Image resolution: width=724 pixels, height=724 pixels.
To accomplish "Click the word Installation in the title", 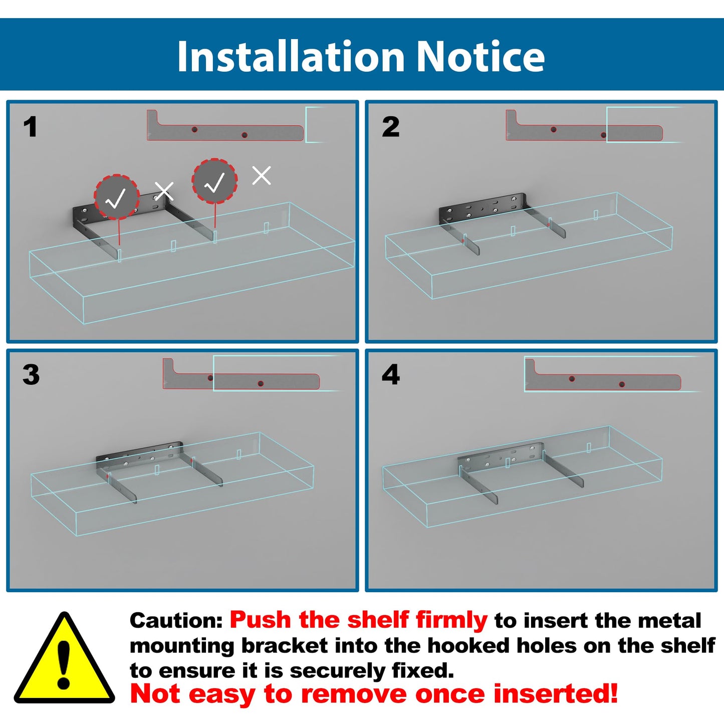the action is tap(291, 56).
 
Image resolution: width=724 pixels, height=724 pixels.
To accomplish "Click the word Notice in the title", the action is tap(480, 56).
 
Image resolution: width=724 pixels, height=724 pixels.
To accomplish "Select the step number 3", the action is tap(31, 375).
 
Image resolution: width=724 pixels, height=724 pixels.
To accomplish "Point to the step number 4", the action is tap(391, 375).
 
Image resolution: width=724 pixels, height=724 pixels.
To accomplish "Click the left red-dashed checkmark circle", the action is tap(116, 197).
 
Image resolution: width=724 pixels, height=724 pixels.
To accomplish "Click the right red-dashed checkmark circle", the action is tap(214, 181).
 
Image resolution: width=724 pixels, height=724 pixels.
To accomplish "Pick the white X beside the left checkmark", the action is tap(164, 191).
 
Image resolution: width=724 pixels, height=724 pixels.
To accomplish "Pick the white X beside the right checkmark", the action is tap(262, 175).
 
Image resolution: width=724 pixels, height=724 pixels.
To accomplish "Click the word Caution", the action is tap(176, 621).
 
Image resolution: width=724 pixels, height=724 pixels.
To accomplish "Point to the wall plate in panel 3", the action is tap(139, 454).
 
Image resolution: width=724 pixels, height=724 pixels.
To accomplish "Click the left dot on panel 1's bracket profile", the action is tap(194, 129).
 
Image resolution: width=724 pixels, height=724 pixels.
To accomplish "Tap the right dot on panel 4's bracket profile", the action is tap(622, 384).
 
